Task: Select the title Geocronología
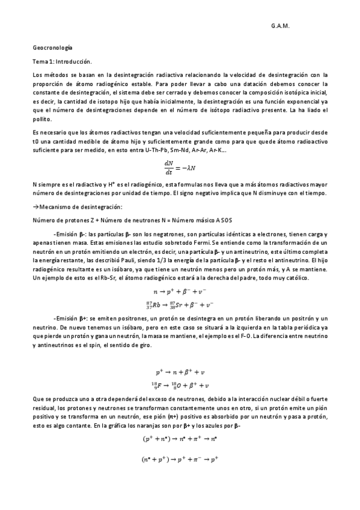(x=52, y=47)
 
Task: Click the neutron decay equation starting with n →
(x=180, y=292)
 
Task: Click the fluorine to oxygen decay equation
(x=180, y=385)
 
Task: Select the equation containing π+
(x=180, y=440)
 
